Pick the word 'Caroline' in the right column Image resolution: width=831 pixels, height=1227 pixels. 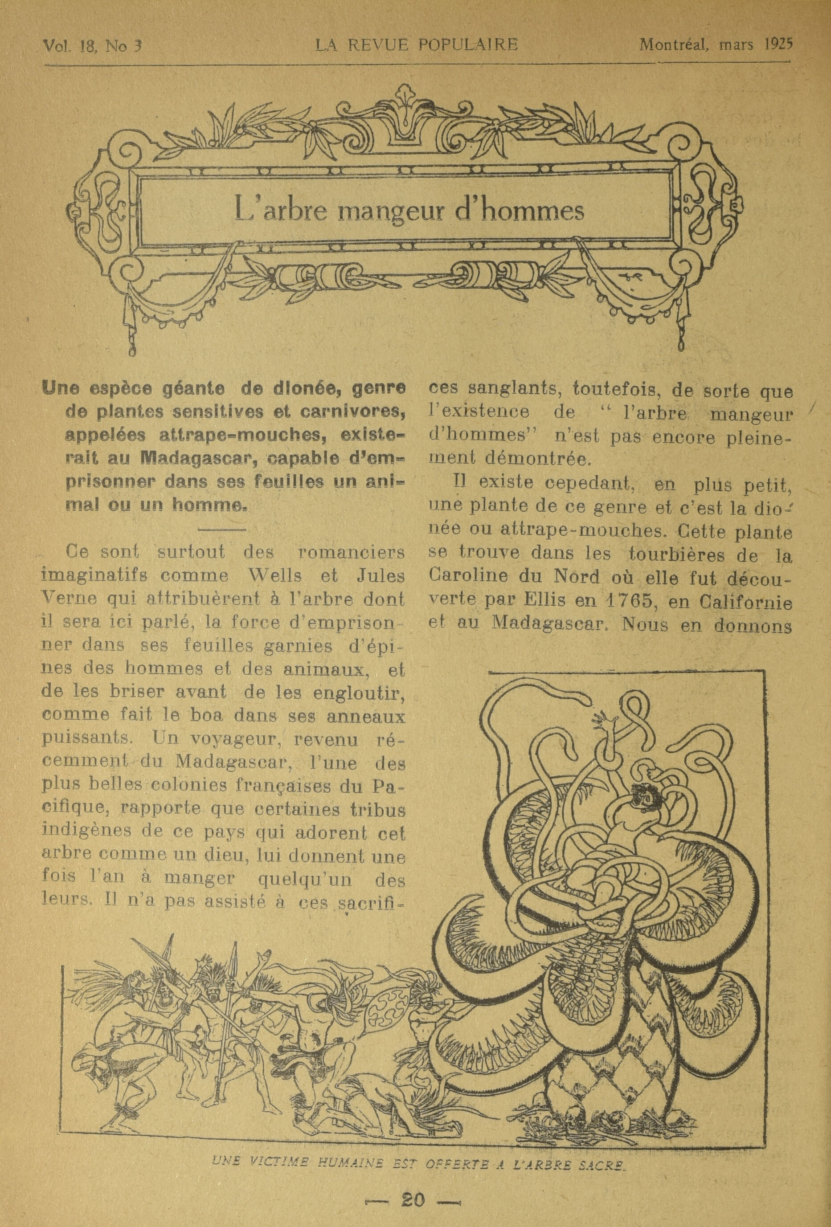point(465,577)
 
